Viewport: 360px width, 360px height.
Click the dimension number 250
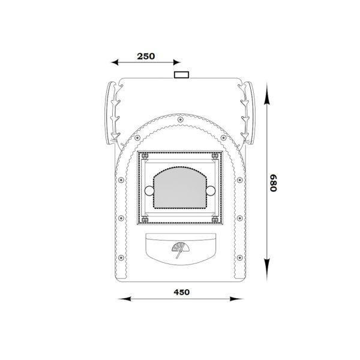(x=146, y=56)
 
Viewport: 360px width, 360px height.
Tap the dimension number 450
(x=182, y=292)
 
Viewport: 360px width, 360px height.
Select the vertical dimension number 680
(x=273, y=183)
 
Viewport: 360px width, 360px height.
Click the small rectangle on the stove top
(x=181, y=75)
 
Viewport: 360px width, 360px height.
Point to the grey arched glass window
(x=180, y=188)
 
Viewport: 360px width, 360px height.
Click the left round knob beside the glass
(x=149, y=191)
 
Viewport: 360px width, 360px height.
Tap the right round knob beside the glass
(x=211, y=191)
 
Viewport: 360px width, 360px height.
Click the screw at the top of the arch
(x=180, y=119)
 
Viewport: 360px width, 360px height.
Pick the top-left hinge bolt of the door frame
(x=145, y=156)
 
